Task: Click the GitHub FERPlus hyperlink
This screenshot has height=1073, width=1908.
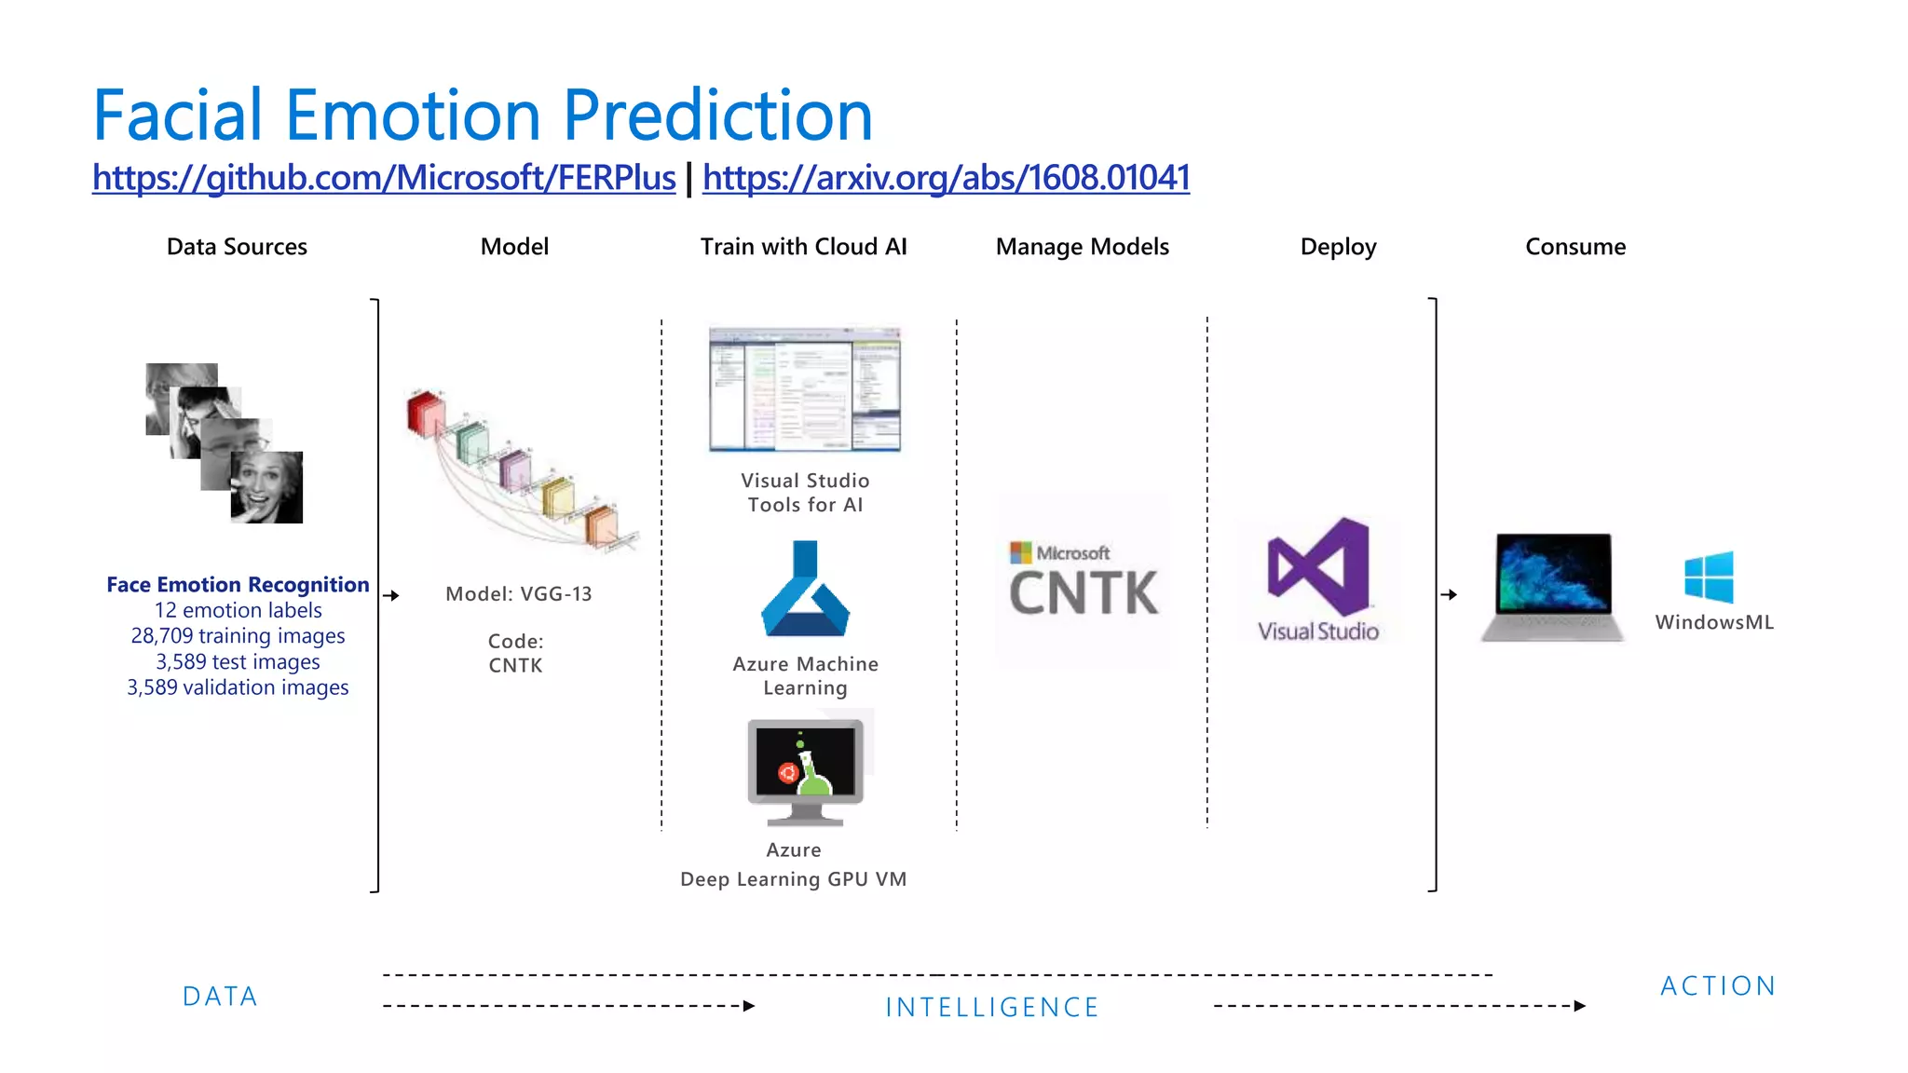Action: pos(384,177)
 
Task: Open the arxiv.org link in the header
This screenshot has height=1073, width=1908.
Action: pos(946,177)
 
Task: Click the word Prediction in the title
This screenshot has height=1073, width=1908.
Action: pos(717,115)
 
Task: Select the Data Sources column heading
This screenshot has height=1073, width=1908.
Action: pos(237,247)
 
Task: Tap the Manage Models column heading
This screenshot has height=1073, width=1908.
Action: pos(1082,247)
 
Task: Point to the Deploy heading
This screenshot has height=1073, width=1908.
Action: pos(1338,247)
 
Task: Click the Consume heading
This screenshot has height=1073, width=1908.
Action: pos(1574,247)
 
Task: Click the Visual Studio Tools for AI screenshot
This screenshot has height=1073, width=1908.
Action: pos(805,389)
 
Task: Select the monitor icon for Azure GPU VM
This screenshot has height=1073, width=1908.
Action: pos(806,771)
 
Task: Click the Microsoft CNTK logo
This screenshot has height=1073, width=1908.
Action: pos(1083,581)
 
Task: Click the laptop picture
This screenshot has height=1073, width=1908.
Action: pos(1552,587)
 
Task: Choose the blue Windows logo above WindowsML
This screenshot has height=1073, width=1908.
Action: pos(1710,577)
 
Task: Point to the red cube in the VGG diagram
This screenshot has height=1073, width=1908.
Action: pos(426,413)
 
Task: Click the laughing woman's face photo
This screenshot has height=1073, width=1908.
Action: pos(266,487)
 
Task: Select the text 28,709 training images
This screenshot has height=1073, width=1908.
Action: pos(238,636)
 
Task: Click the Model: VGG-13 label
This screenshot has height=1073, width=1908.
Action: pos(518,594)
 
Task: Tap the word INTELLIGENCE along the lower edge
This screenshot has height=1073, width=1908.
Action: pos(992,1008)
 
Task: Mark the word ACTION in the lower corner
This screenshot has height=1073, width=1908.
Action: pos(1718,986)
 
